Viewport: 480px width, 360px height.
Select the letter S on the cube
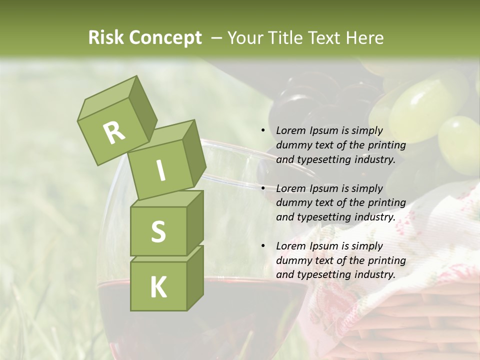click(158, 231)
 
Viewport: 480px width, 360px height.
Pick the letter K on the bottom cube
click(158, 287)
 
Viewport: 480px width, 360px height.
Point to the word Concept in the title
click(165, 38)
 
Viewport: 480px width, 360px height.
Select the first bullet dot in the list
click(263, 130)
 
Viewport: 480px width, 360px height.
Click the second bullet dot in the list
click(263, 188)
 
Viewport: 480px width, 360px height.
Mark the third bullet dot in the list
click(263, 246)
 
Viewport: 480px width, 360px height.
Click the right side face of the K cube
click(195, 277)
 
